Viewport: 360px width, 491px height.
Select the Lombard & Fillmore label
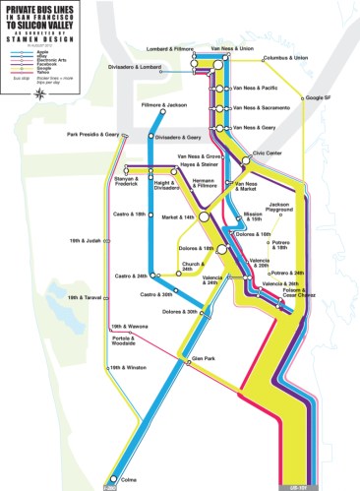168,47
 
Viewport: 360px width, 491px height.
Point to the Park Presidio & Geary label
92,135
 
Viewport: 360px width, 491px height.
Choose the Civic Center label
267,153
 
